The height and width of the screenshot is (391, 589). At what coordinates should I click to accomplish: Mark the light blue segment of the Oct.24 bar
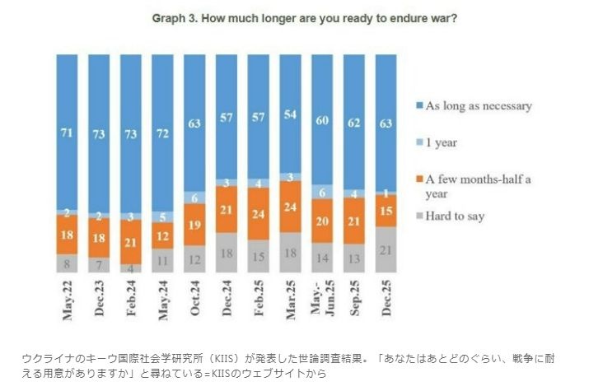[x=195, y=198]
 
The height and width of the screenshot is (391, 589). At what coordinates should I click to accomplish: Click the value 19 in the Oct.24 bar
[x=195, y=225]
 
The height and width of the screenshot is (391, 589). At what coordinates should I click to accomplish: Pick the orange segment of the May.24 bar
[x=163, y=236]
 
